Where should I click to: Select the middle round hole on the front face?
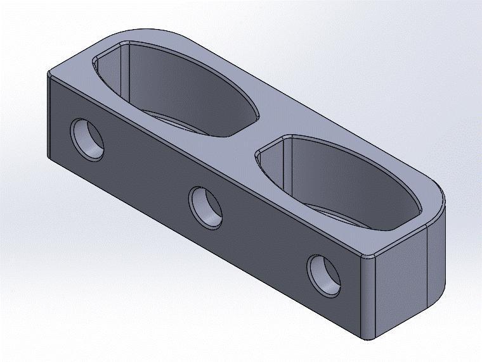206,208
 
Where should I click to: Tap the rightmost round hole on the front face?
324,274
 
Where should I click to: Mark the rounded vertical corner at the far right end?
438,253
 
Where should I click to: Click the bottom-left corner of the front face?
50,158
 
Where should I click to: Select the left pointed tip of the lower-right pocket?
257,154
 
